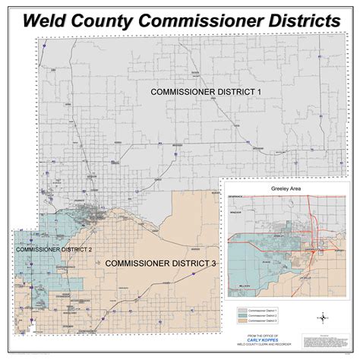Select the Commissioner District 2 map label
tap(54, 249)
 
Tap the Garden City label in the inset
tap(298, 249)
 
